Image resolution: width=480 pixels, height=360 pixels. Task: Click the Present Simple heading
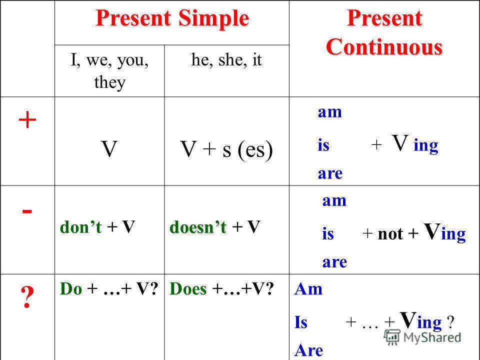(172, 18)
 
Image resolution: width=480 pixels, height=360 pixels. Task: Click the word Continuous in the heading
(384, 47)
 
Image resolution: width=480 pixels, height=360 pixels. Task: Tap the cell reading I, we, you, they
(109, 70)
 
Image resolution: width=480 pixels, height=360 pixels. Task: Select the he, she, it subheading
(226, 59)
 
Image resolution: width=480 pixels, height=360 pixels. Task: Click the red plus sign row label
(27, 119)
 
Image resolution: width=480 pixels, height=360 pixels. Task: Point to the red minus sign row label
(27, 211)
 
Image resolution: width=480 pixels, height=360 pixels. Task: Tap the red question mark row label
(27, 296)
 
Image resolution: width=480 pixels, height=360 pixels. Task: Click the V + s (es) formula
(226, 149)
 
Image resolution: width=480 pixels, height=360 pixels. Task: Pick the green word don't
(81, 227)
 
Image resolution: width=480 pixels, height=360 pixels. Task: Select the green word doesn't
(198, 227)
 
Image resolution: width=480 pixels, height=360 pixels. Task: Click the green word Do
(71, 288)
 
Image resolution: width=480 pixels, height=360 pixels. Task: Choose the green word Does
(188, 288)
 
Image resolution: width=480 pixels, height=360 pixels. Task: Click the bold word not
(390, 234)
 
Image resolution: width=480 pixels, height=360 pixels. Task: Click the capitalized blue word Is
(301, 322)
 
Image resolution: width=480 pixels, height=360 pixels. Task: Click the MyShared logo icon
(392, 337)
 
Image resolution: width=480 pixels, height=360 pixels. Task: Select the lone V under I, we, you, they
(109, 149)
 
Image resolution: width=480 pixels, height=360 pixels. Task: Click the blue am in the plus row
(329, 112)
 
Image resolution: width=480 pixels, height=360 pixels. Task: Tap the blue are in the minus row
(334, 262)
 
